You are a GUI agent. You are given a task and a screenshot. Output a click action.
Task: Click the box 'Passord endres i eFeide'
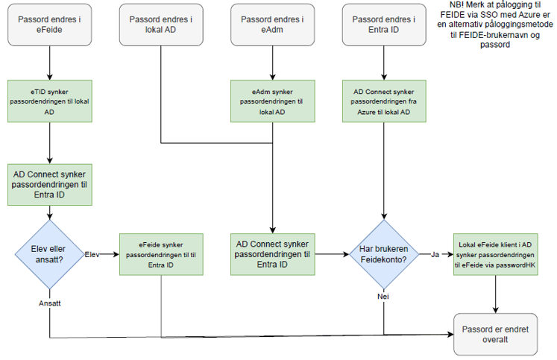tap(49, 25)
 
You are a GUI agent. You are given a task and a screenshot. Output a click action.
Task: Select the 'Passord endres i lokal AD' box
tap(161, 25)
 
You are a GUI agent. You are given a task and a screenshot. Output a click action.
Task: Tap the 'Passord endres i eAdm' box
tap(272, 25)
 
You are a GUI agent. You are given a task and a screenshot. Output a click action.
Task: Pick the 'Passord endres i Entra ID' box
tap(384, 25)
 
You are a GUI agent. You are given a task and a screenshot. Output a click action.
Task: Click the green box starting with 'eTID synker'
tap(50, 101)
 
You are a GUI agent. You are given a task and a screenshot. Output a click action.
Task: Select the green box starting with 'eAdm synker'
tap(272, 101)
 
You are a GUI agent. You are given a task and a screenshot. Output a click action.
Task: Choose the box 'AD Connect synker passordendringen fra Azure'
tap(384, 101)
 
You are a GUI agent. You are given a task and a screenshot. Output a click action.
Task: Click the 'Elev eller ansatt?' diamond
tap(49, 254)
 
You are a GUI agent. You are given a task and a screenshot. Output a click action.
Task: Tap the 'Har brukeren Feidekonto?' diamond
tap(384, 254)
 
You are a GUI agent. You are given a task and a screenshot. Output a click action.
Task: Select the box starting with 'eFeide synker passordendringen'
tap(161, 254)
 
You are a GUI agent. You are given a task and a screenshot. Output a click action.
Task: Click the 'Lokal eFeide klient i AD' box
tap(496, 254)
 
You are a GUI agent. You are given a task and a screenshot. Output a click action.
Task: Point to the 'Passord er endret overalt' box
tap(496, 335)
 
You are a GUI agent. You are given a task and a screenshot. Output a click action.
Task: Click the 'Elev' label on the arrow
tap(92, 255)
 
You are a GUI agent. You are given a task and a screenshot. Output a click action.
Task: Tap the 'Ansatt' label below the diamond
tap(50, 303)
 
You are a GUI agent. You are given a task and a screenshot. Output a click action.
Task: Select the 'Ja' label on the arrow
tap(435, 255)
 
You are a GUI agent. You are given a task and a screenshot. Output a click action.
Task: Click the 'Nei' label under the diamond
tap(383, 296)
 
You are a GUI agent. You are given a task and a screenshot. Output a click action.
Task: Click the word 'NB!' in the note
tap(457, 5)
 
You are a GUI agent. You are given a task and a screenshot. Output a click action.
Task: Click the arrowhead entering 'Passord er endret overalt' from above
tap(496, 310)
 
